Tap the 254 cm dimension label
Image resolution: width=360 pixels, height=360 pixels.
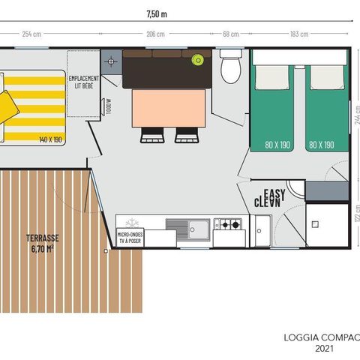tap(31, 34)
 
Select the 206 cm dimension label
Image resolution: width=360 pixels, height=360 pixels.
tap(155, 34)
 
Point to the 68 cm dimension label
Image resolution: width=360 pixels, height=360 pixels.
tap(231, 34)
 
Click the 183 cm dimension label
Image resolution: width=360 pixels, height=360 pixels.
tap(298, 34)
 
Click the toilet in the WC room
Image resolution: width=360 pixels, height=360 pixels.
tap(231, 66)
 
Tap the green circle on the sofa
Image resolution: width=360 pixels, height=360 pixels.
tap(198, 60)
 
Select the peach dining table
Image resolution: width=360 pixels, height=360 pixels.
tap(169, 107)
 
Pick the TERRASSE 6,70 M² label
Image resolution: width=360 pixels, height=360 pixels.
tap(42, 243)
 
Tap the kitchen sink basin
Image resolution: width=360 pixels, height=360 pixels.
tap(199, 226)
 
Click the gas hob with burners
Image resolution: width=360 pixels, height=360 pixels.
tap(226, 223)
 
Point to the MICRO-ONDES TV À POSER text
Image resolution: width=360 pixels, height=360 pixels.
tap(130, 238)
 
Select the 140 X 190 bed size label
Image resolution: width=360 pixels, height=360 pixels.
tap(50, 139)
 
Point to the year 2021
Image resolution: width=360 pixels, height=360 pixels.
tap(325, 348)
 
